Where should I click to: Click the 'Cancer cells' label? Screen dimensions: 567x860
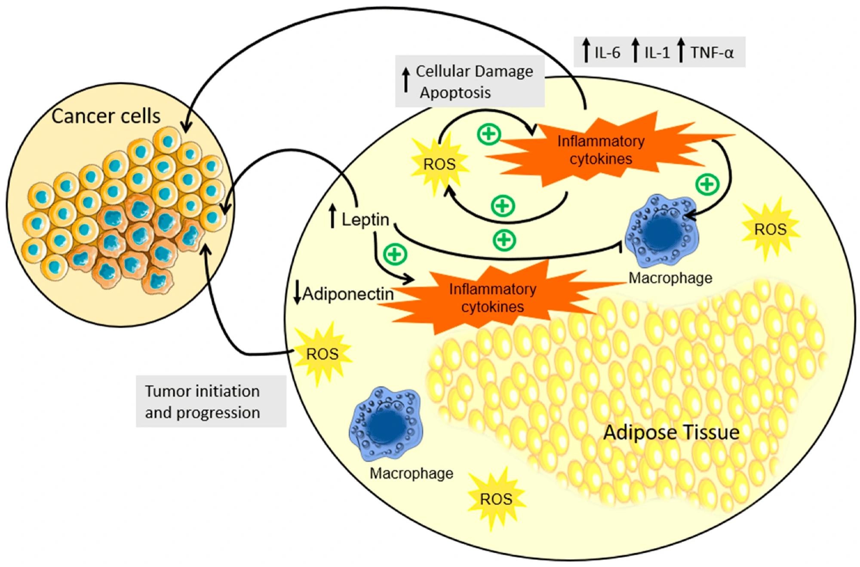tap(106, 116)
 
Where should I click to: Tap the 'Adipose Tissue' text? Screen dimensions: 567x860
tap(671, 432)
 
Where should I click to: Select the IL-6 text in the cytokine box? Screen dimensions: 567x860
tap(607, 53)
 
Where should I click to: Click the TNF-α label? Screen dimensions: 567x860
tap(712, 53)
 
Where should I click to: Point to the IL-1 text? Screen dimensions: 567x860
tap(657, 53)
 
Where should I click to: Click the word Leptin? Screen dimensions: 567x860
tap(365, 220)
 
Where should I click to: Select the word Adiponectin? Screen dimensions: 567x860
tap(348, 294)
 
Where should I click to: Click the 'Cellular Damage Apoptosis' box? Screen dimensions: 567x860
tap(470, 82)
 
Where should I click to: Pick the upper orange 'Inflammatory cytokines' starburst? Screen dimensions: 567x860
tap(601, 150)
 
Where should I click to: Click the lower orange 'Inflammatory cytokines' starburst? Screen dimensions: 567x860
tap(492, 298)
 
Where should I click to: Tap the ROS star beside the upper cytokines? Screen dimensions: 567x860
tap(439, 164)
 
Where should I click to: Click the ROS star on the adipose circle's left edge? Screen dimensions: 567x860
tap(322, 354)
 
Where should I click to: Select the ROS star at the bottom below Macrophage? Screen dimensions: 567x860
tap(496, 499)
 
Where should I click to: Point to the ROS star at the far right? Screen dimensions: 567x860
tap(770, 229)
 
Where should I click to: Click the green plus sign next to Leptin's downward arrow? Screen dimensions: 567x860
tap(395, 254)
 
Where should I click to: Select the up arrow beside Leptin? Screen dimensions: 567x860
tap(332, 217)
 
